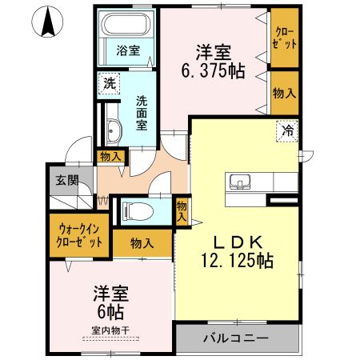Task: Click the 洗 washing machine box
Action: (107, 82)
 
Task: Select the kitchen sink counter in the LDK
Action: (244, 182)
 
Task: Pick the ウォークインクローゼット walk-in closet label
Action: (78, 236)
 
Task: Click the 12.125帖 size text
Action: (237, 260)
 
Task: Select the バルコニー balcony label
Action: (235, 338)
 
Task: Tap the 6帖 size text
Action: (110, 309)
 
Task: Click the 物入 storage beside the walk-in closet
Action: (142, 242)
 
